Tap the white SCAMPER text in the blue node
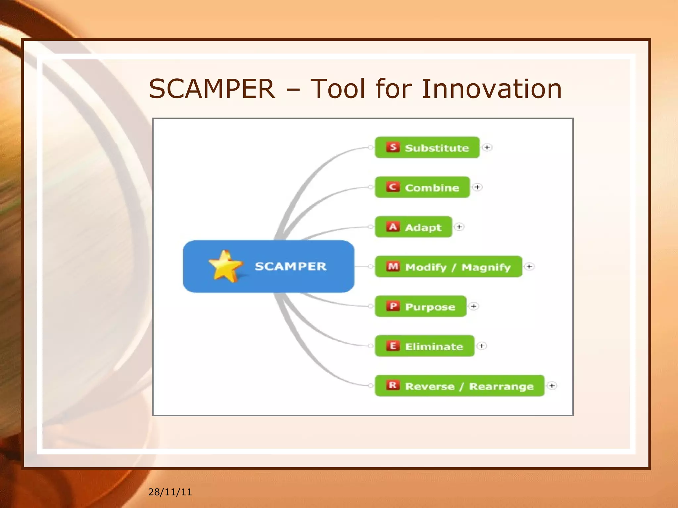[290, 267]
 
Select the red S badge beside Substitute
[393, 147]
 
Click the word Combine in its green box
[432, 188]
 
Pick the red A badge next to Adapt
[393, 227]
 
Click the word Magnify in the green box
[486, 267]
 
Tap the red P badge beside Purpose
[393, 306]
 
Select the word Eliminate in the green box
[434, 347]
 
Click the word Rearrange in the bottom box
[501, 386]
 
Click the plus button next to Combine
[477, 187]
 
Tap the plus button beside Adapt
[459, 227]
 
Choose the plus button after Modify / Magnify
[529, 267]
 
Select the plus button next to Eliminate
[482, 346]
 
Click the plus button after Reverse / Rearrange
[552, 386]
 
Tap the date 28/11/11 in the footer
[170, 492]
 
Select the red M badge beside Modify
[393, 267]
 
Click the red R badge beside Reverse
[393, 386]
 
